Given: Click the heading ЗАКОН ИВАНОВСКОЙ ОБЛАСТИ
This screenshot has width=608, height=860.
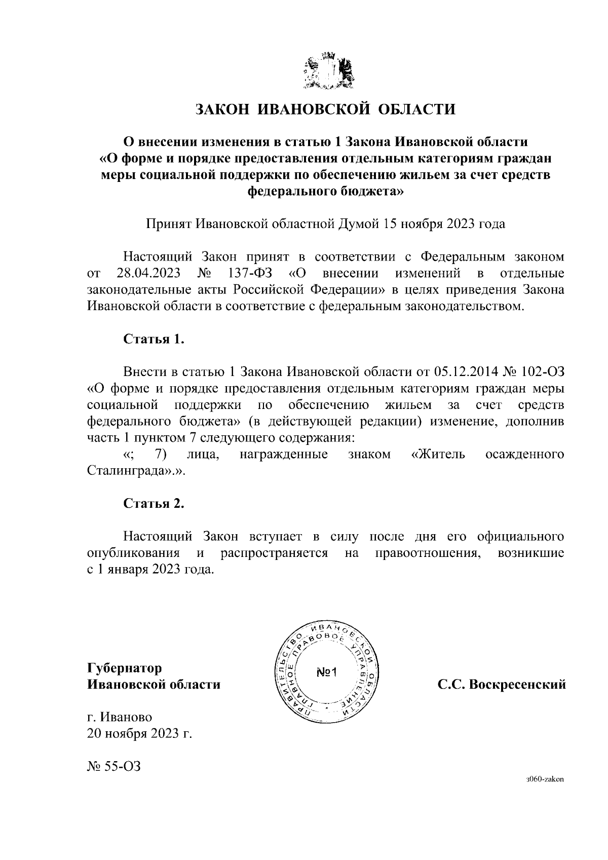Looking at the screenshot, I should click(x=326, y=109).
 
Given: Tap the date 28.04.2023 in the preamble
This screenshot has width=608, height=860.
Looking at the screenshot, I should click(x=148, y=274).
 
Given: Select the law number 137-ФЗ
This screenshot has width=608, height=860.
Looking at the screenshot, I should click(x=250, y=274).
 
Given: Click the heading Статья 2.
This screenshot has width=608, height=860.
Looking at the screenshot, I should click(x=154, y=503).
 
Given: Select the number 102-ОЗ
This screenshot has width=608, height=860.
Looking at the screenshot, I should click(x=543, y=372).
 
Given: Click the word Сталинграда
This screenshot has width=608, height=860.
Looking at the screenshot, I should click(x=131, y=471).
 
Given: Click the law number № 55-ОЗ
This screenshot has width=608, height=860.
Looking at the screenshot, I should click(x=113, y=767).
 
